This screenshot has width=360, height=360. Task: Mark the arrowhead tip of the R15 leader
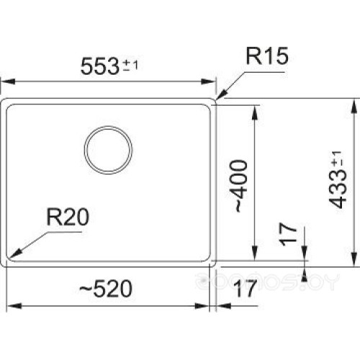[x=217, y=100]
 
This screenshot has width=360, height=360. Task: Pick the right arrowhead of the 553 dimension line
[x=215, y=81]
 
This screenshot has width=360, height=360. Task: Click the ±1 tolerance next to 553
[x=130, y=65]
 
